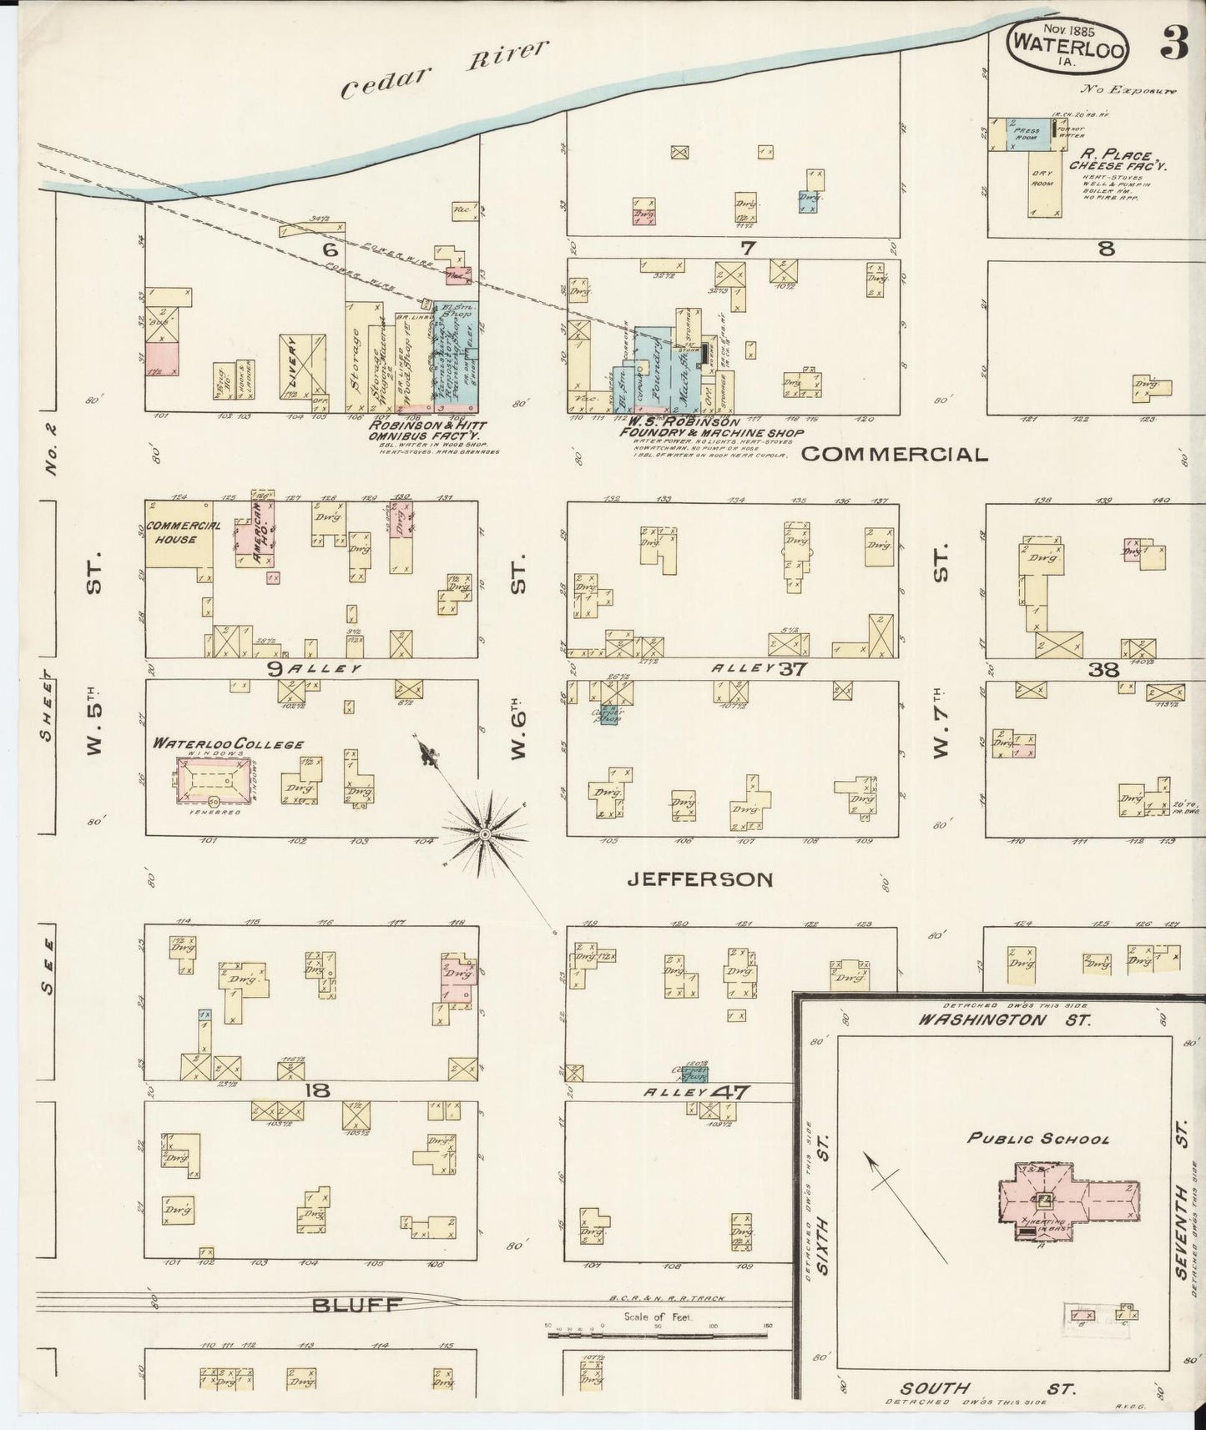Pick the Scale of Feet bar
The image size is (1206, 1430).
pyautogui.click(x=659, y=1335)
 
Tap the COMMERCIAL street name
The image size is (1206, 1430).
pyautogui.click(x=894, y=455)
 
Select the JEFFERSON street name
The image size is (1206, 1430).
pyautogui.click(x=699, y=879)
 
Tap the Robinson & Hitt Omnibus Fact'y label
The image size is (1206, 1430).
pyautogui.click(x=422, y=430)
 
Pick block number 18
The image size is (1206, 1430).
pyautogui.click(x=317, y=1090)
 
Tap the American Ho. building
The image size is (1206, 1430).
pyautogui.click(x=264, y=534)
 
